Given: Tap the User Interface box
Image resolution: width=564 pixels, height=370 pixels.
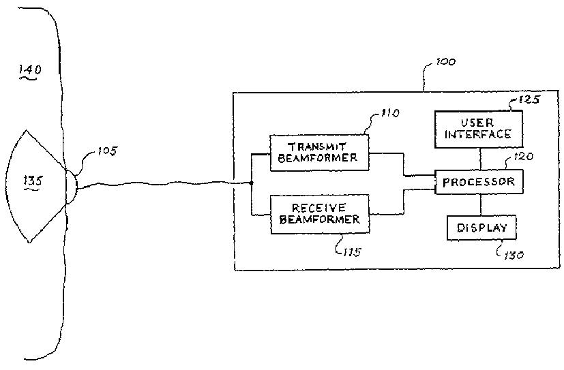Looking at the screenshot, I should (477, 129).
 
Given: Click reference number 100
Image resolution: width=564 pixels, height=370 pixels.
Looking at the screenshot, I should (445, 62).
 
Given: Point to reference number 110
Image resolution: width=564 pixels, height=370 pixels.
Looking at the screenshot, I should (390, 114).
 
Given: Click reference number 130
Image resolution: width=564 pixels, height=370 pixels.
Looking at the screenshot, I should (514, 256).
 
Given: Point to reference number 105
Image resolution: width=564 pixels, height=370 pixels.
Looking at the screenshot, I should (106, 151).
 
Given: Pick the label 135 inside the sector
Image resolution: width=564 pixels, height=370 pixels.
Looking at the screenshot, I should (32, 181).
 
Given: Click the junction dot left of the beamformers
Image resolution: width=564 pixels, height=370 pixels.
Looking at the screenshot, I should (252, 183).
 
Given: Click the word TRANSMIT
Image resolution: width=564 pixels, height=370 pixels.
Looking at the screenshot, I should (318, 146).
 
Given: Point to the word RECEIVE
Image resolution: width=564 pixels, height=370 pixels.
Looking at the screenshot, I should (318, 207).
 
